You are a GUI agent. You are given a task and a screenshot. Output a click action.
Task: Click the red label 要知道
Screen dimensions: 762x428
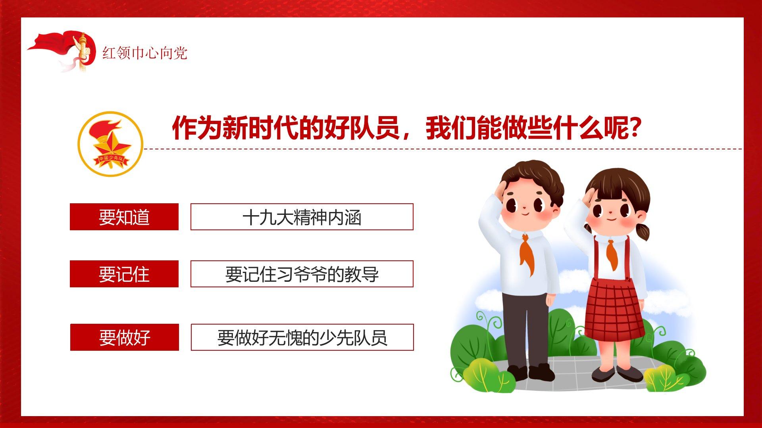coord(124,217)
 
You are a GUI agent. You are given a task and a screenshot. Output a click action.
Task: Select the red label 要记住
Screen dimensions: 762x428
coord(124,274)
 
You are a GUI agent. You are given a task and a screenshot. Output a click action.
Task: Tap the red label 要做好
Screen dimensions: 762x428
coord(125,337)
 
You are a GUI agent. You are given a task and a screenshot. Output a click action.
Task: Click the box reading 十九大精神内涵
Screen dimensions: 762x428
coord(302,217)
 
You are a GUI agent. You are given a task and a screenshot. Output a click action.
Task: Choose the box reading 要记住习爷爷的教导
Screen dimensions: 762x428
coord(302,274)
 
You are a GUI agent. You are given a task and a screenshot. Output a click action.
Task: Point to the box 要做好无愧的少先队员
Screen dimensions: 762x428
coord(302,337)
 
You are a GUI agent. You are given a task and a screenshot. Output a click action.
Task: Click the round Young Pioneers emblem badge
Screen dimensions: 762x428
coord(110,144)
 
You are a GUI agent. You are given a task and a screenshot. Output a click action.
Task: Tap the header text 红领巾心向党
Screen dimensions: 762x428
coord(145,53)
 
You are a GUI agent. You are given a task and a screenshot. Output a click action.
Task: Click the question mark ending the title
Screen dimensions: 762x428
coord(635,128)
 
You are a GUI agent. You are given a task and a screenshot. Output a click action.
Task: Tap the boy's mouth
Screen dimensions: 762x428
coord(525,214)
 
